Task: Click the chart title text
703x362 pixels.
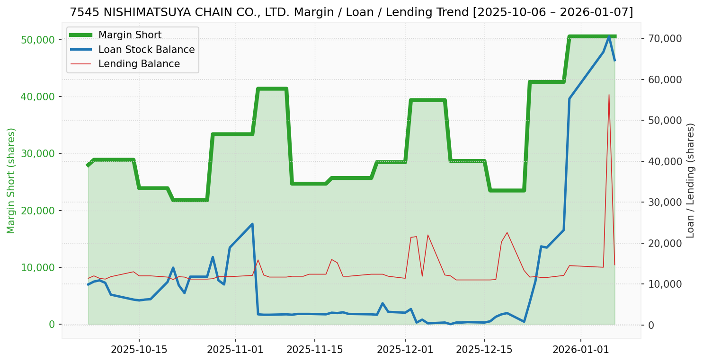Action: [x=351, y=12]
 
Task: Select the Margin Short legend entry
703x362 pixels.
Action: [x=130, y=35]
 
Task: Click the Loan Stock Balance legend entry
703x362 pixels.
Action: [x=146, y=50]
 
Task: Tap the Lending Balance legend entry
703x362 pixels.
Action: [x=139, y=64]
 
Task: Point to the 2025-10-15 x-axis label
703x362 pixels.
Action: [x=139, y=350]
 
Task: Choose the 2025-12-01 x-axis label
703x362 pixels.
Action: [x=405, y=350]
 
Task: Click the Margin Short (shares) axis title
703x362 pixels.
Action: [x=11, y=181]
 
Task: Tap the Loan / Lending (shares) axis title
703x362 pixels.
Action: [x=690, y=181]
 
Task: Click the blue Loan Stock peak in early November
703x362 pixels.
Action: [x=252, y=224]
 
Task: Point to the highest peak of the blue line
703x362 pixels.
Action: [x=609, y=36]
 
